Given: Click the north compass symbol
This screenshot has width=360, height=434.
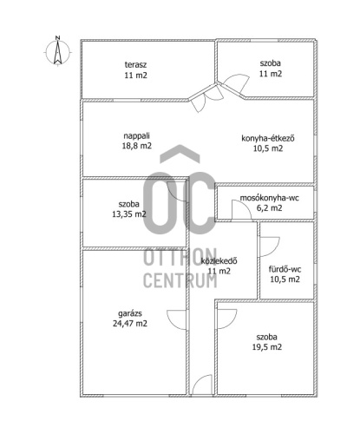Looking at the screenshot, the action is click(58, 52).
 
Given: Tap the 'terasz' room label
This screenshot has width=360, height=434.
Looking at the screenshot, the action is click(135, 64).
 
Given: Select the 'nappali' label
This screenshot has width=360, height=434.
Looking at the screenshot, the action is click(136, 135).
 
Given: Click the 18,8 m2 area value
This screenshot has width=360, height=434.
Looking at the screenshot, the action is click(137, 146).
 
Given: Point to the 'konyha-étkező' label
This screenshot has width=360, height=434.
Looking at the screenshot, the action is click(268, 138).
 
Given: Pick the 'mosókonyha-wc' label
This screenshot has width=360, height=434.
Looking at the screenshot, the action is click(269, 198).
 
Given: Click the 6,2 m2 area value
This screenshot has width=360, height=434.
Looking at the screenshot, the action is click(270, 207).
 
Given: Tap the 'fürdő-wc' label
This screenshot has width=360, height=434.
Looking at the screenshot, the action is click(285, 269).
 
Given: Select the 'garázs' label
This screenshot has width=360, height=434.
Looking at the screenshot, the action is click(130, 313).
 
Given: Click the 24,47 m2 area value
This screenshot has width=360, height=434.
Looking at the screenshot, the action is click(130, 323).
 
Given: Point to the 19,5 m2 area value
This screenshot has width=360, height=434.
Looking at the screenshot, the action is click(267, 347).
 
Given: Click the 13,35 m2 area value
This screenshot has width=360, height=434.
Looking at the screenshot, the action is click(129, 214).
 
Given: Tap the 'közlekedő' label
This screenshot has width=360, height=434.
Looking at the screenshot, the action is click(219, 260).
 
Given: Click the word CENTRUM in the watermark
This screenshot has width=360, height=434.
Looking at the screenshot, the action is click(180, 280).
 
